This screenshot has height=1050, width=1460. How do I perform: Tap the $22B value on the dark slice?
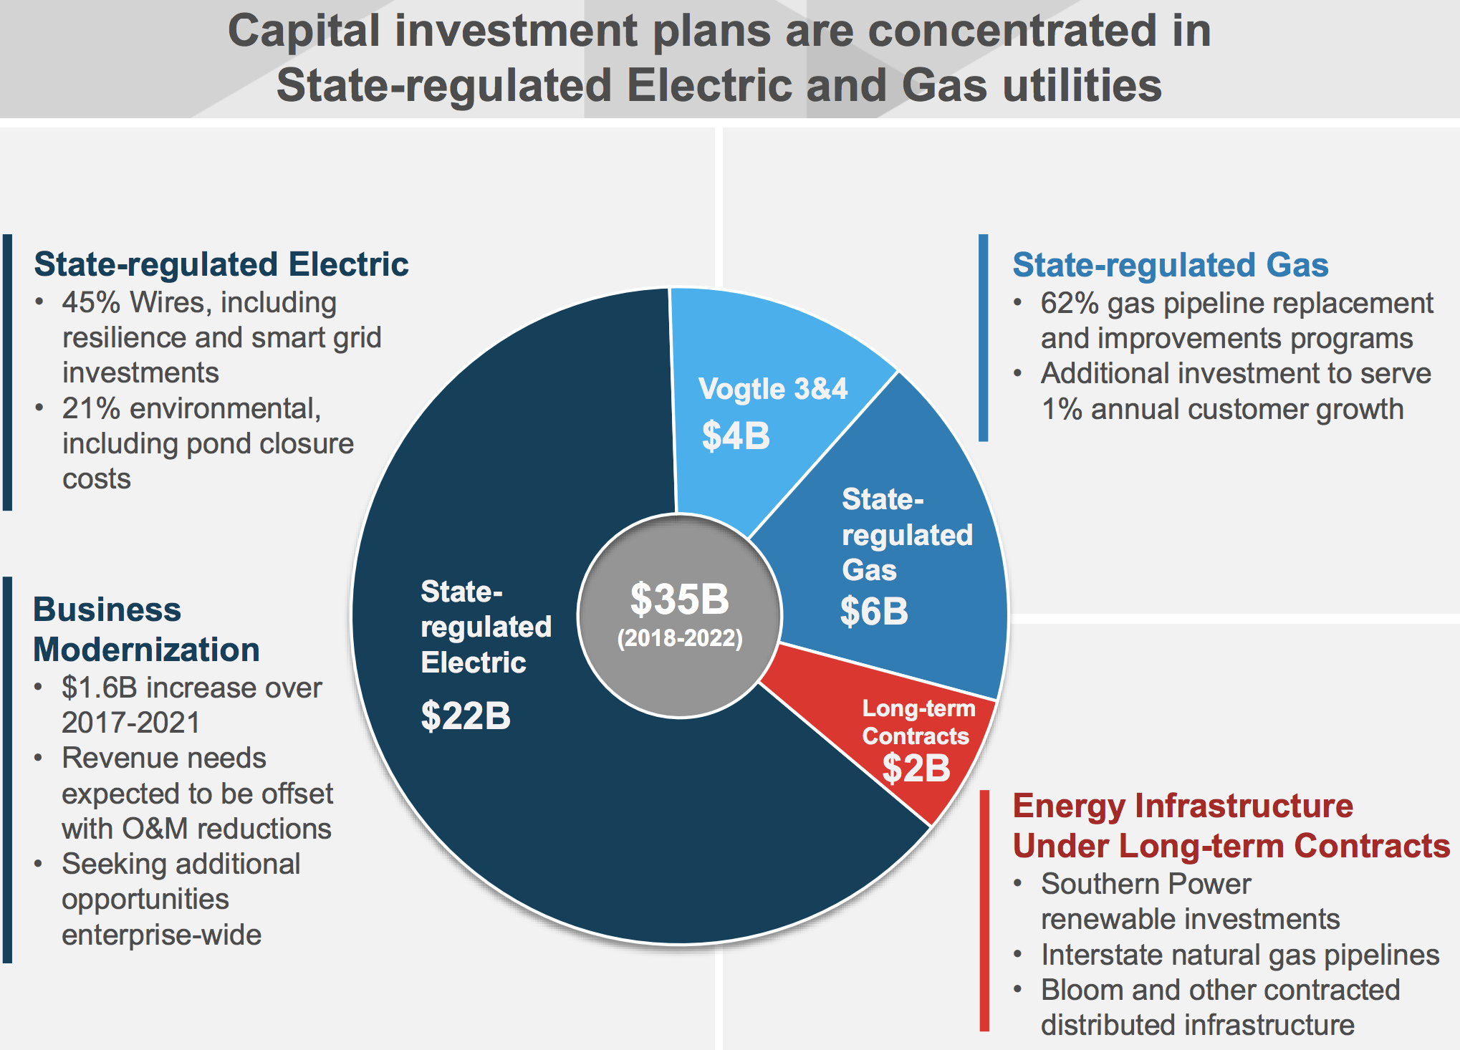(466, 716)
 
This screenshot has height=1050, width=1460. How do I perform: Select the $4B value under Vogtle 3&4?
(736, 435)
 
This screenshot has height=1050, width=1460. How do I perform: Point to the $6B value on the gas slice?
(874, 611)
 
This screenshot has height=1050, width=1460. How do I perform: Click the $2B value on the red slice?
(916, 768)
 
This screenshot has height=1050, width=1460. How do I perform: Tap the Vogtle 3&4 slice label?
(773, 389)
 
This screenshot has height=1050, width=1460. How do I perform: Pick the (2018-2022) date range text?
(680, 637)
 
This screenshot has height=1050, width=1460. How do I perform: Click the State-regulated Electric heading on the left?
(221, 264)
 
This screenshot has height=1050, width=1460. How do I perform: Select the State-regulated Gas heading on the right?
(1171, 265)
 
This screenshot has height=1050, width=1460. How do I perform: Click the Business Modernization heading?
(146, 630)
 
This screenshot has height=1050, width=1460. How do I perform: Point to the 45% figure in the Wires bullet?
(91, 302)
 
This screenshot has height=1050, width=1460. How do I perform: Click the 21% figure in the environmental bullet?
(91, 408)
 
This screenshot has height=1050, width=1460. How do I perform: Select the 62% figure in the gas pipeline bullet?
(1070, 303)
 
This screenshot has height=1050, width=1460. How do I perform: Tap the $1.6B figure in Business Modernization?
(100, 688)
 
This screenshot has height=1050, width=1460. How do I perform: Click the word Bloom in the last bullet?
(1082, 990)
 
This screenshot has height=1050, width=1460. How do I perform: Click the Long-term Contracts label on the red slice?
(918, 722)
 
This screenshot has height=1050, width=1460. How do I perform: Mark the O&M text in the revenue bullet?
(155, 829)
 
